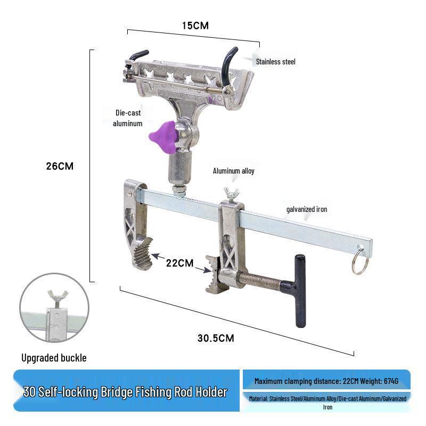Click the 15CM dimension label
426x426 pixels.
194,26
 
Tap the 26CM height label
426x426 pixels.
60,166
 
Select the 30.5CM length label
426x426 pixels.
216,338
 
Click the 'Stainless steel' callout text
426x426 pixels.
275,62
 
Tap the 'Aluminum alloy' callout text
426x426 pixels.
234,171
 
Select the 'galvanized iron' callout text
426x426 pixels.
306,209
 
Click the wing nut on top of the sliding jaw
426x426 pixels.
231,193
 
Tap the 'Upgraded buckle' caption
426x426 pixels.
54,358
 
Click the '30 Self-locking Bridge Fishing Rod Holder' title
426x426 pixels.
126,392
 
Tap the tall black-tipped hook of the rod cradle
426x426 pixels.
231,62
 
